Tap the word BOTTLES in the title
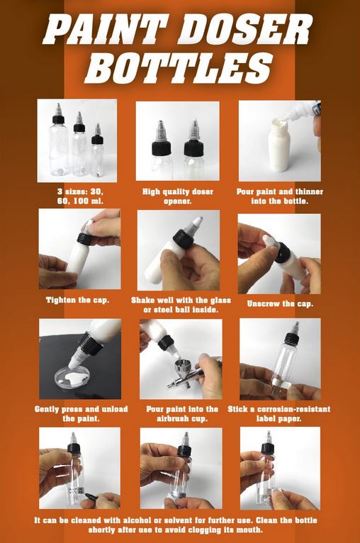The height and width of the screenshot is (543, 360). coord(179,68)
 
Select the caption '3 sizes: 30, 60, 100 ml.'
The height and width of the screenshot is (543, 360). coord(80,196)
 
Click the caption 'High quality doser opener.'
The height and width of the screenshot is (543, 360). coord(178,196)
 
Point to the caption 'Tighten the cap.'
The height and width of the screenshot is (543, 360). coord(77,300)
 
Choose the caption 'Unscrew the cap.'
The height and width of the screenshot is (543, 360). coord(280,304)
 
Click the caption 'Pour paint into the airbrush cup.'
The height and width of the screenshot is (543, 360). coord(182,414)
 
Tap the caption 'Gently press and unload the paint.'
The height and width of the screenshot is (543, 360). coord(81,414)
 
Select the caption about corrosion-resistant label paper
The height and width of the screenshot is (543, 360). coord(279,414)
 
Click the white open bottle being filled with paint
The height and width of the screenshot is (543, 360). coord(279,145)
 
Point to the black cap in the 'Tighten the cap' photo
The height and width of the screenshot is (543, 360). coord(84,238)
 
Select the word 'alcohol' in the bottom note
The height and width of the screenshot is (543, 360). coord(134,520)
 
